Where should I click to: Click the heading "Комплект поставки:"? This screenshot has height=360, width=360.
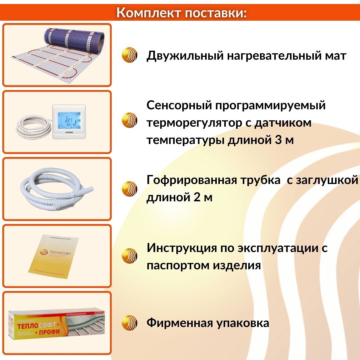(182, 13)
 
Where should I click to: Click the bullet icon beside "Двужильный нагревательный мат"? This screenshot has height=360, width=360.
(130, 55)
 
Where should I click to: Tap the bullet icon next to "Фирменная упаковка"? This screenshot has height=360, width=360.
(130, 323)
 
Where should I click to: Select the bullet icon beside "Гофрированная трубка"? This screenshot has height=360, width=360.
(130, 189)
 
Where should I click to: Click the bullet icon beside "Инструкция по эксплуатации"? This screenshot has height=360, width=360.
(130, 256)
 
